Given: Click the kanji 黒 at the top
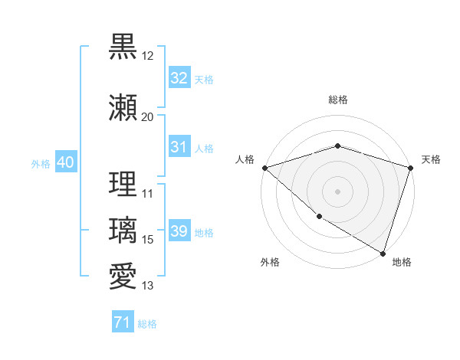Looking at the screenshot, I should pyautogui.click(x=123, y=47).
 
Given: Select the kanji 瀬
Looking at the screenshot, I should pyautogui.click(x=123, y=107).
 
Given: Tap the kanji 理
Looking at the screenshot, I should pyautogui.click(x=123, y=184).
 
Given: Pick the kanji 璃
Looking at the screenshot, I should pyautogui.click(x=123, y=231).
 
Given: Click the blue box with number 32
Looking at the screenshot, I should pyautogui.click(x=179, y=78).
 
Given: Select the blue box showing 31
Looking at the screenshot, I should pyautogui.click(x=179, y=147).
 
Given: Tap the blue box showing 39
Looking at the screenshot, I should pyautogui.click(x=179, y=231).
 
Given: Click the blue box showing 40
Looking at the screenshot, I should pyautogui.click(x=65, y=162).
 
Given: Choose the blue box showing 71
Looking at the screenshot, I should pyautogui.click(x=122, y=323).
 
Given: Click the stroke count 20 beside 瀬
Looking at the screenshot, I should pyautogui.click(x=147, y=117).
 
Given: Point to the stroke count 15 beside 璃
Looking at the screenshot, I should pyautogui.click(x=148, y=240).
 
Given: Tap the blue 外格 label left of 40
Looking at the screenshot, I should pyautogui.click(x=41, y=163).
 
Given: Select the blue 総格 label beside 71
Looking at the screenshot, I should pyautogui.click(x=147, y=324).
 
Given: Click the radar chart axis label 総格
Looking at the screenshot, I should pyautogui.click(x=338, y=100).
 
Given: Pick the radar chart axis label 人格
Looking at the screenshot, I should pyautogui.click(x=245, y=159).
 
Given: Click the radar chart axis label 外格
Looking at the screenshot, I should pyautogui.click(x=270, y=262).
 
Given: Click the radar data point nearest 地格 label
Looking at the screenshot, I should pyautogui.click(x=383, y=253).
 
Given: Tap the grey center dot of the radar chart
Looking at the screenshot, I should pyautogui.click(x=337, y=191).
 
